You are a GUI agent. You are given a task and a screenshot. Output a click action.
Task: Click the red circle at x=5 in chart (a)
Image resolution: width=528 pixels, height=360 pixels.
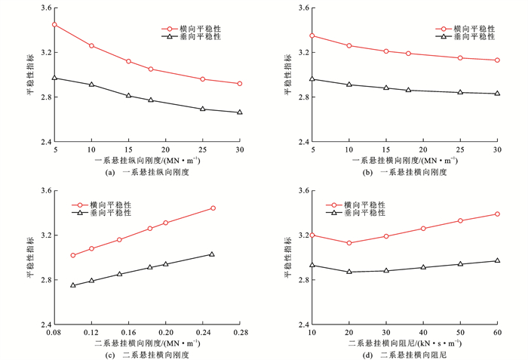click(54, 24)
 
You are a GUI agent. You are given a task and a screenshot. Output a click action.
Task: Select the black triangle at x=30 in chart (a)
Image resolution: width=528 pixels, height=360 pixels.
click(240, 112)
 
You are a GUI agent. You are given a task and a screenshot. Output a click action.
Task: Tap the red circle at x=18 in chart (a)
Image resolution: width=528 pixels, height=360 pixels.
click(151, 69)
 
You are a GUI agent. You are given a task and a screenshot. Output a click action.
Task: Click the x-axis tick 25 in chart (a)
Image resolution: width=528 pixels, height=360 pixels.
click(203, 151)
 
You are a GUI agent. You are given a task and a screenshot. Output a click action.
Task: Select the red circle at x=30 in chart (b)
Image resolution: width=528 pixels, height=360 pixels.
click(497, 60)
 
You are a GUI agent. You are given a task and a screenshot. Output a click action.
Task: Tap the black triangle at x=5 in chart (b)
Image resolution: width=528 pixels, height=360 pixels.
click(312, 79)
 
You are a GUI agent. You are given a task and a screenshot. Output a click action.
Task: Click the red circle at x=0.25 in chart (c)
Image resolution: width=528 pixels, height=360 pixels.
click(213, 208)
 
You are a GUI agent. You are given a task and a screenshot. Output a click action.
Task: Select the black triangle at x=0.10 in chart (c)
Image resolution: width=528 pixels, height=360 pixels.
click(73, 285)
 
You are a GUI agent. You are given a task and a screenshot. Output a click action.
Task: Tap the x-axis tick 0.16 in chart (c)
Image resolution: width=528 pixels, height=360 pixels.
click(128, 333)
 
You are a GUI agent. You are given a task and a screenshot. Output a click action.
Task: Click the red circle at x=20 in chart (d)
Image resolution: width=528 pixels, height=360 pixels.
click(348, 243)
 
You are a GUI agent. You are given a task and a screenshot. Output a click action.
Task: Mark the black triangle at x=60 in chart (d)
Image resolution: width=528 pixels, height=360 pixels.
click(497, 261)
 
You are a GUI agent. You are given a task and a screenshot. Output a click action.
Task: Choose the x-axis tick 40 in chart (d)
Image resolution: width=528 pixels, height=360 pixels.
click(423, 333)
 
